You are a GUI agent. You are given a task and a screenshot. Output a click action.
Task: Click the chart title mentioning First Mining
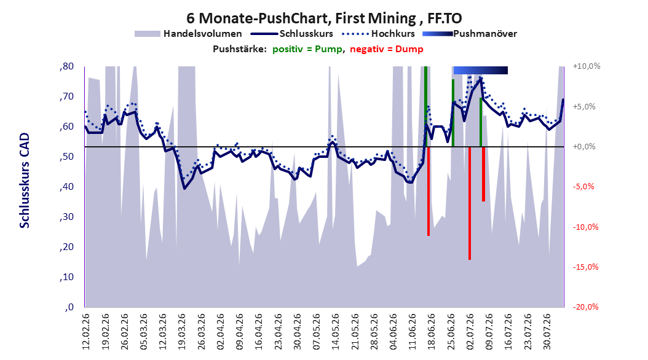324,18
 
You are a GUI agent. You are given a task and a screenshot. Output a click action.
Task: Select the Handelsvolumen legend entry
189,34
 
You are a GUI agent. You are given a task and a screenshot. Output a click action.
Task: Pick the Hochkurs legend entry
378,34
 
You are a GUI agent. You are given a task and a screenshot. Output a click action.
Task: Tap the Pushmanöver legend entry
470,34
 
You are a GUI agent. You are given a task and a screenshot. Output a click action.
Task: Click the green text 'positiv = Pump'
307,49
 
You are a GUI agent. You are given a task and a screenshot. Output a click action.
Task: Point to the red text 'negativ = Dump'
387,49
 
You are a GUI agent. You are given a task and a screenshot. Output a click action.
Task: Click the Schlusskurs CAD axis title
25,181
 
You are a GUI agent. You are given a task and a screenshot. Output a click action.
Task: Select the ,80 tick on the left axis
66,66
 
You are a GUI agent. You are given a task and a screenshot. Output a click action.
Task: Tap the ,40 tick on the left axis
66,187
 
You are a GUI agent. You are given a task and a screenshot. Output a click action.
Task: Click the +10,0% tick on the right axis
587,66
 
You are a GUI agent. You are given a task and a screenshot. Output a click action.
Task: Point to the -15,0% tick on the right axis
585,267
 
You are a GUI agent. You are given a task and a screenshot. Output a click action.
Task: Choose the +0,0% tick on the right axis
584,147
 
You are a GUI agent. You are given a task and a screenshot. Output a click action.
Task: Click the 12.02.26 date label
86,332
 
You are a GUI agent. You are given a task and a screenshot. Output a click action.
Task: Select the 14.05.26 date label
336,332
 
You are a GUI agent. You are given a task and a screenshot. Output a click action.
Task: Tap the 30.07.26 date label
547,332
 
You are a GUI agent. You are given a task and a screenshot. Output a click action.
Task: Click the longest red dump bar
470,203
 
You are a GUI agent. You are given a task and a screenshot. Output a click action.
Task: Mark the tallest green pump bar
425,106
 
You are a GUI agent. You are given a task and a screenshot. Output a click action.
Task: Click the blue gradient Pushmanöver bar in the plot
480,70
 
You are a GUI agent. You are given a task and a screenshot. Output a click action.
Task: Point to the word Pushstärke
240,49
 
